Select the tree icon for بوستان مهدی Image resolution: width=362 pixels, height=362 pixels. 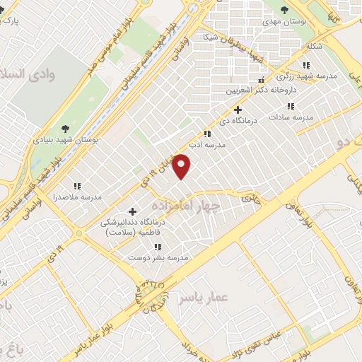pos(284,10)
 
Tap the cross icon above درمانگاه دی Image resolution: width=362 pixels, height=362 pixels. pos(238,110)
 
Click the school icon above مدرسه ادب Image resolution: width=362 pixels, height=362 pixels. pos(206,133)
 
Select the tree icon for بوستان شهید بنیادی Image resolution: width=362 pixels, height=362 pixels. pos(65,128)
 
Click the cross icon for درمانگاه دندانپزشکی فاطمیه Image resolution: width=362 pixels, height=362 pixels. pos(132,211)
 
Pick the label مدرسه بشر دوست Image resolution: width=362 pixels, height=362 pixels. pos(158,257)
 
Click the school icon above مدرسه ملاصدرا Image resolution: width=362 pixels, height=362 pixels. pos(77,186)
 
